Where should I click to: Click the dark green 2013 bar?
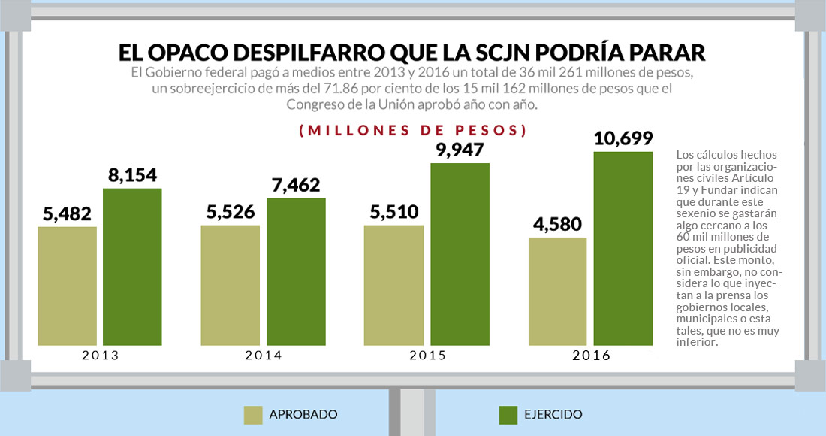132,267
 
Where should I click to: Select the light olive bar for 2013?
67,286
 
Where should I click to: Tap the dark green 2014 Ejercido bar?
296,271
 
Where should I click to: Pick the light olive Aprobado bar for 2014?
230,286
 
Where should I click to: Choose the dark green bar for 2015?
460,254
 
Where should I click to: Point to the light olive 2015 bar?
393,286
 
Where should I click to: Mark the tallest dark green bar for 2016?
623,248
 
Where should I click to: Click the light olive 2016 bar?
557,292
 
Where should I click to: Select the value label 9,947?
460,149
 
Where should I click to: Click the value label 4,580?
557,224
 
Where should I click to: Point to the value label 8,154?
132,175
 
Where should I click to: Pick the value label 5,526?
230,212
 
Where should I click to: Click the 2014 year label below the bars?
264,356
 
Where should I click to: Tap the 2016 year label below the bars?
591,356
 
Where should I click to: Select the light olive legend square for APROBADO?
253,415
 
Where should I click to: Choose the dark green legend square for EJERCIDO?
508,415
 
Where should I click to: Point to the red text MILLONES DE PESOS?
412,130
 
